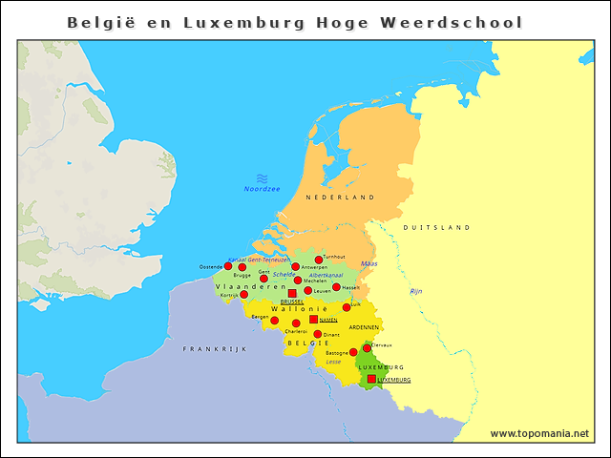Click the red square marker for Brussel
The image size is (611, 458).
click(x=292, y=294)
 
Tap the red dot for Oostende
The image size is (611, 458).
click(x=228, y=266)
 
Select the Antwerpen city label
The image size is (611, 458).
click(x=314, y=267)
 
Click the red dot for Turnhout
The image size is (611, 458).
click(x=319, y=260)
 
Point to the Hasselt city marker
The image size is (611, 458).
click(x=336, y=286)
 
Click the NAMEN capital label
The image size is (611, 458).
click(x=328, y=320)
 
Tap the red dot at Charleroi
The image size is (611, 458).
click(x=296, y=323)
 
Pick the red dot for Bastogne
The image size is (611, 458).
click(x=353, y=352)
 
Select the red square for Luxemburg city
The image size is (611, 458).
click(x=371, y=380)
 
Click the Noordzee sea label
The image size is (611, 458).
click(x=262, y=189)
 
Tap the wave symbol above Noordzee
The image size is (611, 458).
click(x=262, y=177)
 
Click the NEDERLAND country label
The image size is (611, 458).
click(x=340, y=197)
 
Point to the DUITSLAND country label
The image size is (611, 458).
click(x=436, y=228)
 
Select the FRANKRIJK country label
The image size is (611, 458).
click(x=215, y=349)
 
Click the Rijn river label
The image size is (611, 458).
click(x=415, y=291)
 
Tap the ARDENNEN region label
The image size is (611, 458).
click(x=364, y=327)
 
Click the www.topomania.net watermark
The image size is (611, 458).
click(x=539, y=433)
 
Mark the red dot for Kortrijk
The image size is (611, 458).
click(x=243, y=295)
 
